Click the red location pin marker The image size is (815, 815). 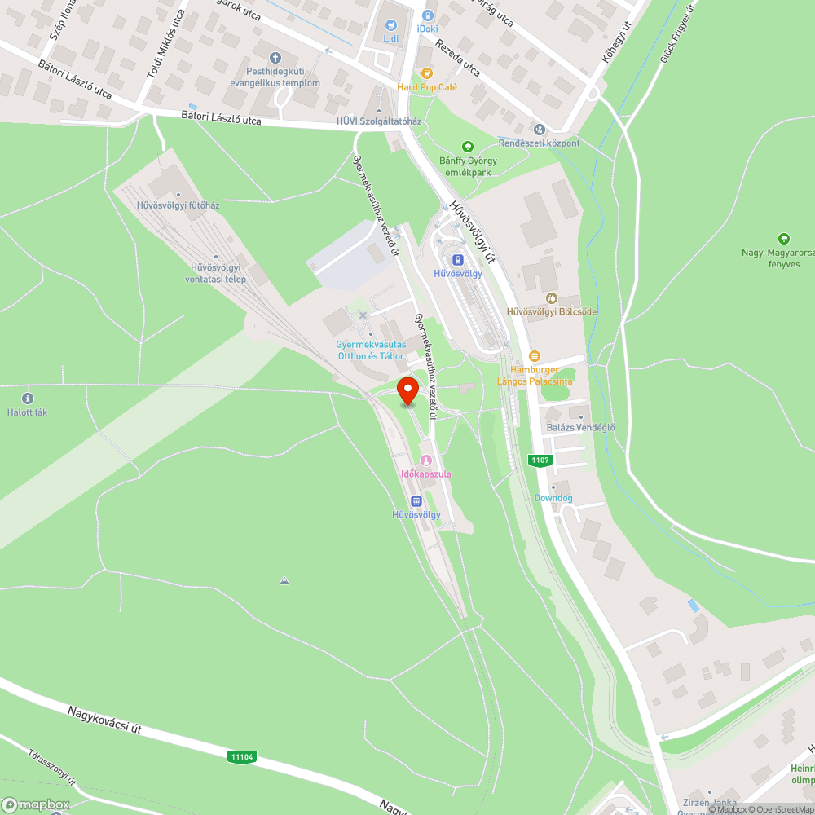[x=407, y=390]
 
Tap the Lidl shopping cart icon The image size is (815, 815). [x=390, y=26]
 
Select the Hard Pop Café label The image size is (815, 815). [x=427, y=87]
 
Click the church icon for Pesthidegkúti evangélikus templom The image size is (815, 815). [x=275, y=58]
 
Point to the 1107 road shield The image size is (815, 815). [x=540, y=460]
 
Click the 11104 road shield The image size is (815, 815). [x=243, y=757]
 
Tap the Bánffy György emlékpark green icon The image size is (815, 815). [x=468, y=147]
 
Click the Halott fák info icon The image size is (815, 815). [x=29, y=399]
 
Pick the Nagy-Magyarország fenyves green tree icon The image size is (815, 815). [x=783, y=239]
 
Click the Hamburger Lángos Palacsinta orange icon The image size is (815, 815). [x=535, y=356]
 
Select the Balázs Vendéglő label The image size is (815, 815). [x=580, y=428]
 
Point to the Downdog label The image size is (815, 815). [x=553, y=498]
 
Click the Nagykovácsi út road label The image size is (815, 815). [x=104, y=720]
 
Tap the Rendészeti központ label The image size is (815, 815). [x=539, y=143]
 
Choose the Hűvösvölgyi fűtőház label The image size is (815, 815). [x=178, y=205]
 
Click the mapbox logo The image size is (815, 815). [x=36, y=804]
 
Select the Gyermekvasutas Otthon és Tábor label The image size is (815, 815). [x=370, y=350]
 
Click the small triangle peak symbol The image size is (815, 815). [x=284, y=581]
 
